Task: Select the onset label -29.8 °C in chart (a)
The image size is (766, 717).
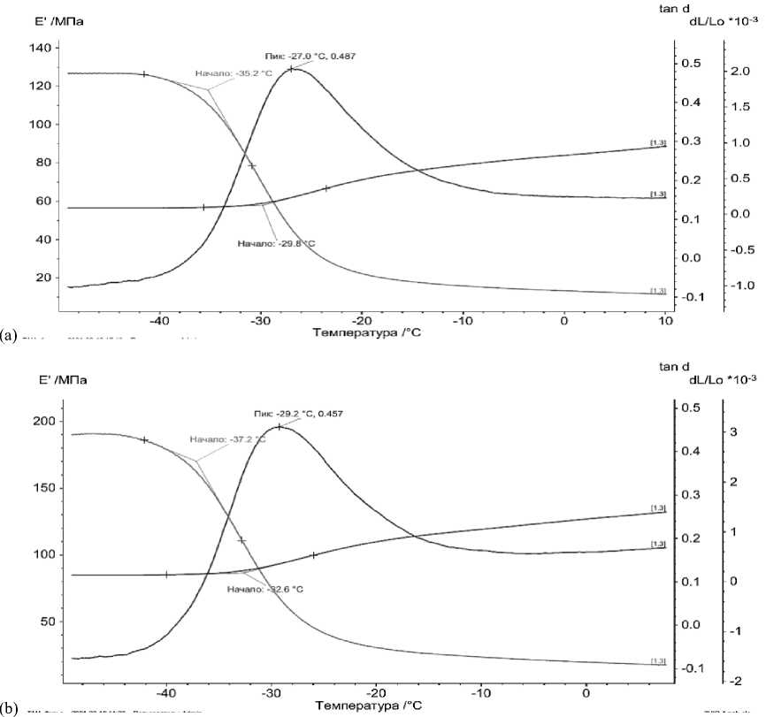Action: click(276, 242)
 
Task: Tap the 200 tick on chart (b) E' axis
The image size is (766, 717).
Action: click(42, 422)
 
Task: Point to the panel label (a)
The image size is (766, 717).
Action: click(9, 335)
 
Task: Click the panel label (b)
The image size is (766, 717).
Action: click(9, 708)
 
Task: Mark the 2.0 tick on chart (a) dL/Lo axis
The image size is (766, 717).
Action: click(739, 72)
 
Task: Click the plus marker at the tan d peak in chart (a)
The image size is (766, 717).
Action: click(291, 68)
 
